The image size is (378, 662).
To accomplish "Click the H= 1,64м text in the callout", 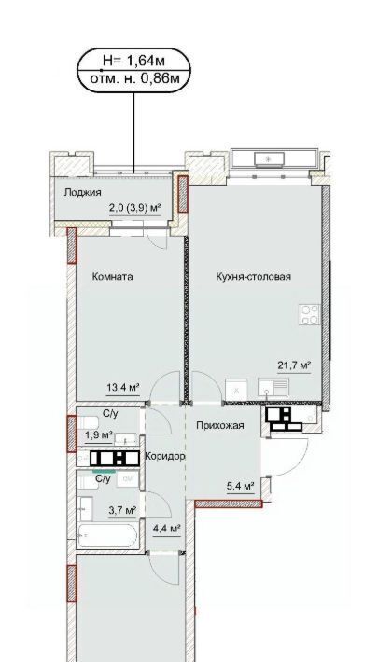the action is [133, 61].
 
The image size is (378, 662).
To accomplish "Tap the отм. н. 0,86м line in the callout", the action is [133, 78].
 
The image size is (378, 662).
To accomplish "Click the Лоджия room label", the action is [82, 193].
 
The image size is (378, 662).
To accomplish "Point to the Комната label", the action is [113, 277].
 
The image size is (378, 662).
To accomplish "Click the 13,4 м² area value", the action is [123, 387].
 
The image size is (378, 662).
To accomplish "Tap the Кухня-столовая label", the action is [253, 277].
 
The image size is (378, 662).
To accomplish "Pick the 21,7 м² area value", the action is [294, 365].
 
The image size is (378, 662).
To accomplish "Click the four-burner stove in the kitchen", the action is [309, 314].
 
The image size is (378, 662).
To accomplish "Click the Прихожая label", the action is [220, 425].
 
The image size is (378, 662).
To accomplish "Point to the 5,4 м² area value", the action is [240, 487].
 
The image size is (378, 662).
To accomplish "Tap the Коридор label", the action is [165, 456].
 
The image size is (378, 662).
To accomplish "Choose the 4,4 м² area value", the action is [167, 528].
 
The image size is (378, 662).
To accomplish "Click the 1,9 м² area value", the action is [99, 434].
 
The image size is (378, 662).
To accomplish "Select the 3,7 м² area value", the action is [122, 511].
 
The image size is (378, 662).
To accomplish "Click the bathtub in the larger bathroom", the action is [108, 535].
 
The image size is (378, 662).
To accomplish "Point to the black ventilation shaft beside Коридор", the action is [115, 459].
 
